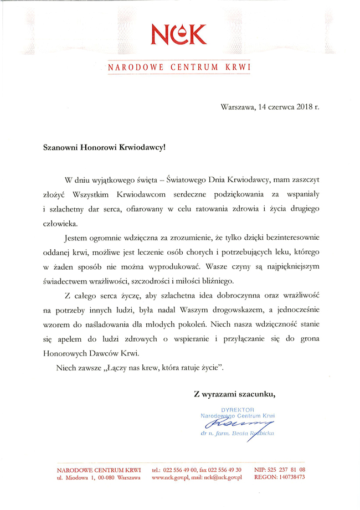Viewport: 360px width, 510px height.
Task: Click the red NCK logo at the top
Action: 179,34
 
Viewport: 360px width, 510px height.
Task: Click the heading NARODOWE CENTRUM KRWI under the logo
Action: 179,68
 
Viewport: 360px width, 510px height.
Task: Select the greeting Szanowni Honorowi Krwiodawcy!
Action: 104,148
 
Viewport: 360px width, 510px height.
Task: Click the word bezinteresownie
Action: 292,237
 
